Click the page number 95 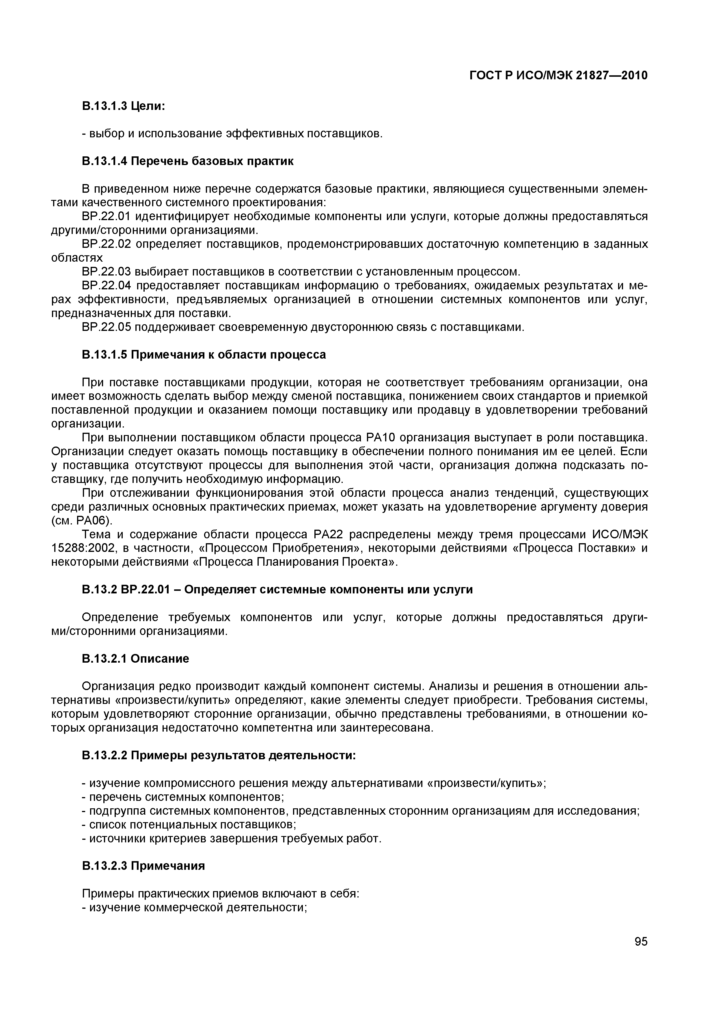(x=641, y=953)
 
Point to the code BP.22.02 (x=107, y=244)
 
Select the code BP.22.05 (x=107, y=327)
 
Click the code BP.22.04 (x=107, y=286)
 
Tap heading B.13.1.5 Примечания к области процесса (x=204, y=355)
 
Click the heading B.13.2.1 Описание (x=135, y=659)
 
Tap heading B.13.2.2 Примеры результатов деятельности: (x=219, y=756)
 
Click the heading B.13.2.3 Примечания (x=143, y=866)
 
